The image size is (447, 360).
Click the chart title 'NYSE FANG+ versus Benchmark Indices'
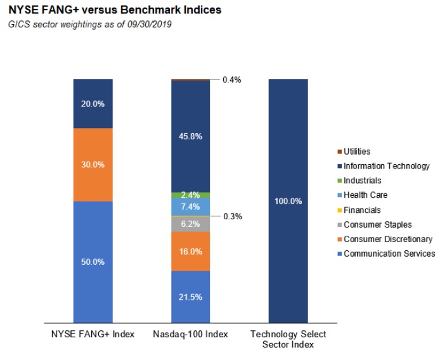115,10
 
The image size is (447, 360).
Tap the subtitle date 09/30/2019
150,24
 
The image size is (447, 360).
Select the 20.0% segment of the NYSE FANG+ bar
93,104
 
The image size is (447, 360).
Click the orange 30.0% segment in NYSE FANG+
93,165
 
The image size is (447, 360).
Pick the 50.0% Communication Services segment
93,262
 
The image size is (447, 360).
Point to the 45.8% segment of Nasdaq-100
190,136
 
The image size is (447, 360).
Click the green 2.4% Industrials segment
190,195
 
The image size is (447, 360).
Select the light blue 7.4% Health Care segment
190,207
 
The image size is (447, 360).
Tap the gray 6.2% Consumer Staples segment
190,224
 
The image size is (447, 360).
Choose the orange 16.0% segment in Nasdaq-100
190,252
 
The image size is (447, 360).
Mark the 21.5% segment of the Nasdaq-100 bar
190,297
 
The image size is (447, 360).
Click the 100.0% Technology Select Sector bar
288,201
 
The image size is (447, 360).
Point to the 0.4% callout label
232,80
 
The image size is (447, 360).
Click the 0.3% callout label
233,216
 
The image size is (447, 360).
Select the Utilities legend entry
354,151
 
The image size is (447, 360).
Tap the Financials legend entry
359,210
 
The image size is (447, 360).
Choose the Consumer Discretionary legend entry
385,239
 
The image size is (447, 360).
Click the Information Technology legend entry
384,166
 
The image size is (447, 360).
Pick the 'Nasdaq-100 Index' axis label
190,334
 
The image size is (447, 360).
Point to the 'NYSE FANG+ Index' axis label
93,334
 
